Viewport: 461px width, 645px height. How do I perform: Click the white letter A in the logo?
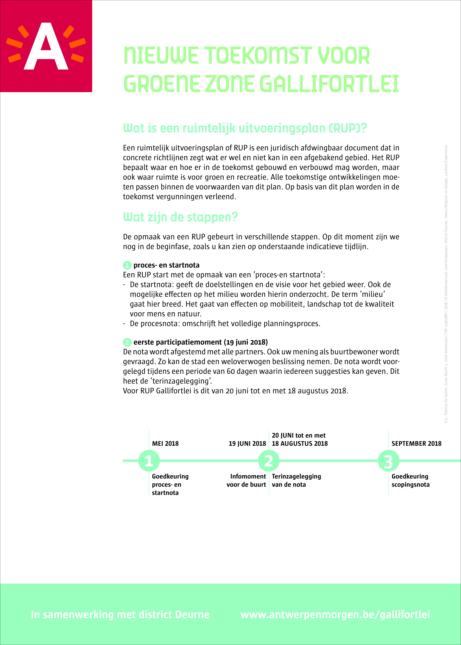(46, 47)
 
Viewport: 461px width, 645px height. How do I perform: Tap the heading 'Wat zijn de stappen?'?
(180, 217)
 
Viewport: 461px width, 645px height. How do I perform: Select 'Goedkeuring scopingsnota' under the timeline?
(410, 480)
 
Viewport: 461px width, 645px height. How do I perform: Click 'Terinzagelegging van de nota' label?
(296, 480)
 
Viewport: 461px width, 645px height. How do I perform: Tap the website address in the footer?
(335, 614)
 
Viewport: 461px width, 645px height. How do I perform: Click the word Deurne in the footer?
(192, 614)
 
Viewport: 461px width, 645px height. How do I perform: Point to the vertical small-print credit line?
(446, 284)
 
